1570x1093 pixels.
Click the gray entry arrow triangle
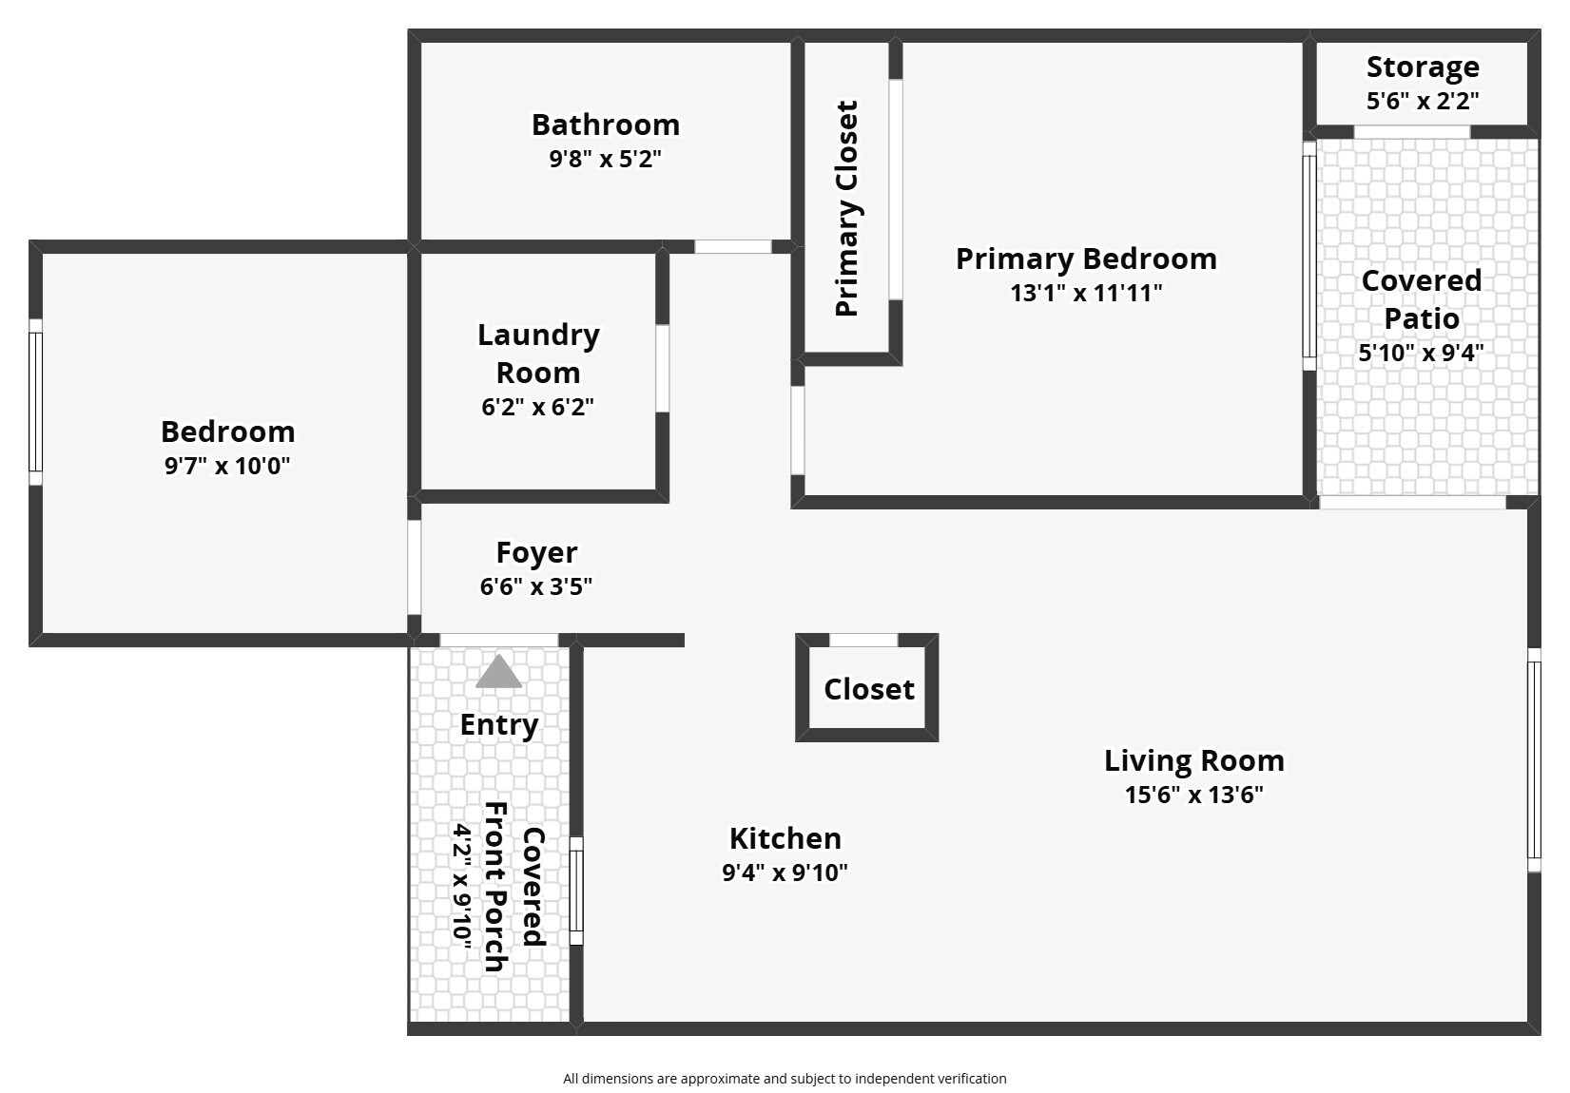point(498,672)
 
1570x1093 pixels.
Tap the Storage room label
point(1423,67)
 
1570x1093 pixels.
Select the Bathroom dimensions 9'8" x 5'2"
point(605,159)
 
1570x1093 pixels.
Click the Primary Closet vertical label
point(846,208)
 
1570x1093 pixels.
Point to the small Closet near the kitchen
point(868,689)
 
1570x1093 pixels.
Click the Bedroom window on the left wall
point(35,402)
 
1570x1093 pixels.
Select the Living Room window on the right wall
point(1533,759)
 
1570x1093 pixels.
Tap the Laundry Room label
point(538,354)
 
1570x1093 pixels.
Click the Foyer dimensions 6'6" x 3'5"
point(536,586)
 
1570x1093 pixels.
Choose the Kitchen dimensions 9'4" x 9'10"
point(785,872)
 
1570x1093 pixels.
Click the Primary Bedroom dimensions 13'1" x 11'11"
point(1086,293)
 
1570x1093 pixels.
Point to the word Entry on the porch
point(499,725)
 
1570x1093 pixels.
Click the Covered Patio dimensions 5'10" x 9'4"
point(1421,353)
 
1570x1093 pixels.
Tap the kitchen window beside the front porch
point(576,892)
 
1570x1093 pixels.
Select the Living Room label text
point(1193,760)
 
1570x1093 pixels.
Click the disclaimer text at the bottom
point(785,1078)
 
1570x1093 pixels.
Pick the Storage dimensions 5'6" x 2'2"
point(1423,101)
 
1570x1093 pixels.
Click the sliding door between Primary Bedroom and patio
point(1309,256)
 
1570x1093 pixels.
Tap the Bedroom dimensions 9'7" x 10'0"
point(227,466)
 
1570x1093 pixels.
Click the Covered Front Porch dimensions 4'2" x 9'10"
point(462,885)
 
